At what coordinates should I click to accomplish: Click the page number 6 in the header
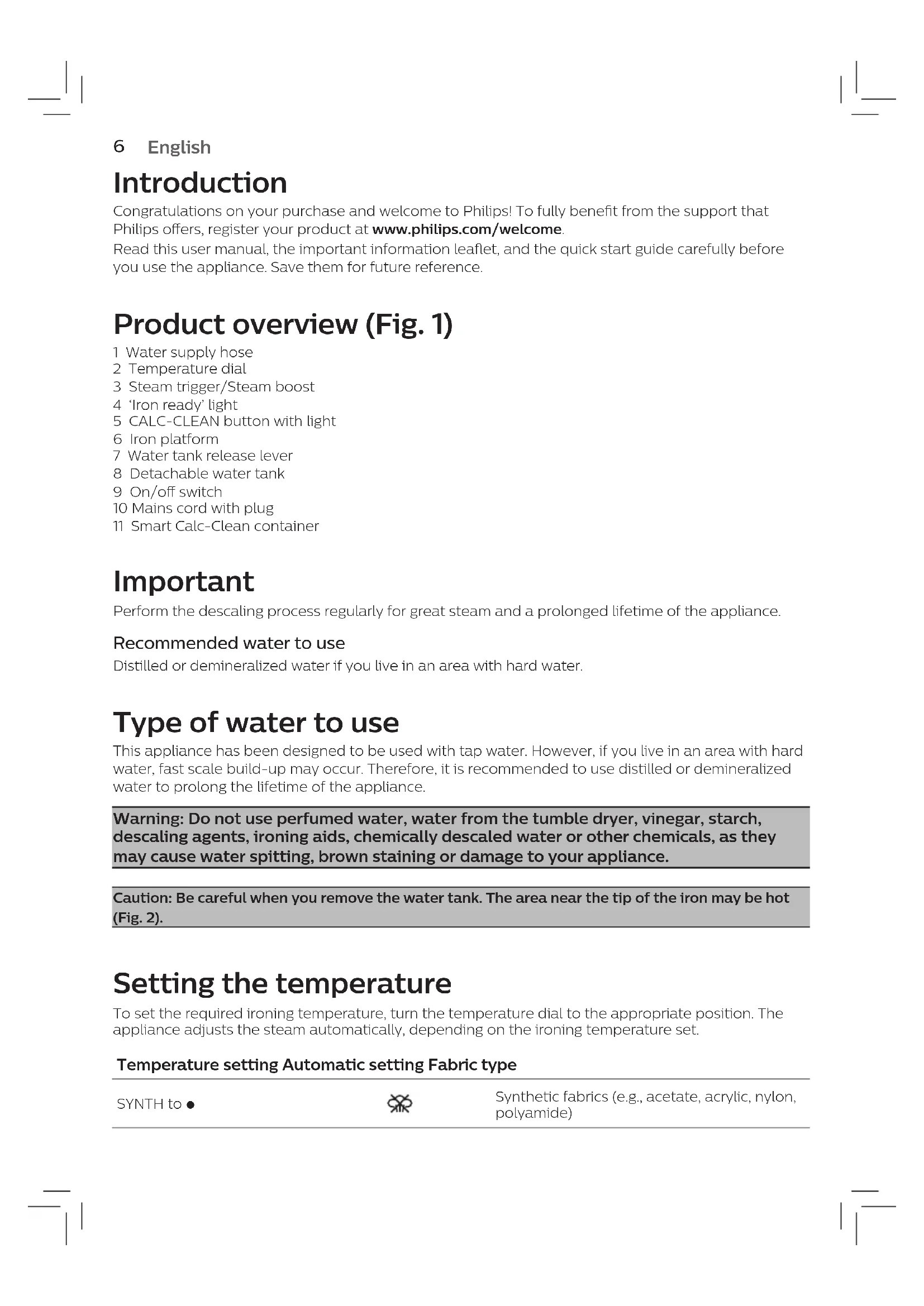click(x=119, y=147)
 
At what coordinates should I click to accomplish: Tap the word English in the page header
click(x=179, y=147)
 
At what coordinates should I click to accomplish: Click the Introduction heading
click(x=199, y=183)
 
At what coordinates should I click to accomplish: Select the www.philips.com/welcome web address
click(x=466, y=229)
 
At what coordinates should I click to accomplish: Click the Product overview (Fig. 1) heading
click(x=283, y=324)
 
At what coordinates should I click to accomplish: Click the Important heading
click(x=183, y=581)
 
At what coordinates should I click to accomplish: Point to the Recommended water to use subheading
click(x=228, y=643)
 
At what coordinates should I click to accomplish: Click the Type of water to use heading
click(x=256, y=723)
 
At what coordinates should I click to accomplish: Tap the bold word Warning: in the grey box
click(x=148, y=819)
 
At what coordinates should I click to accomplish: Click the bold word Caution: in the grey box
click(x=142, y=898)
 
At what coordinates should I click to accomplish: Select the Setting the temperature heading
click(x=282, y=983)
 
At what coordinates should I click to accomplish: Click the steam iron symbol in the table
click(x=399, y=1104)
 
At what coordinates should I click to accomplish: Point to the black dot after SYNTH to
click(x=190, y=1104)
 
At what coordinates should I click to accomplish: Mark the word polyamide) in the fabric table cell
click(x=533, y=1113)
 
